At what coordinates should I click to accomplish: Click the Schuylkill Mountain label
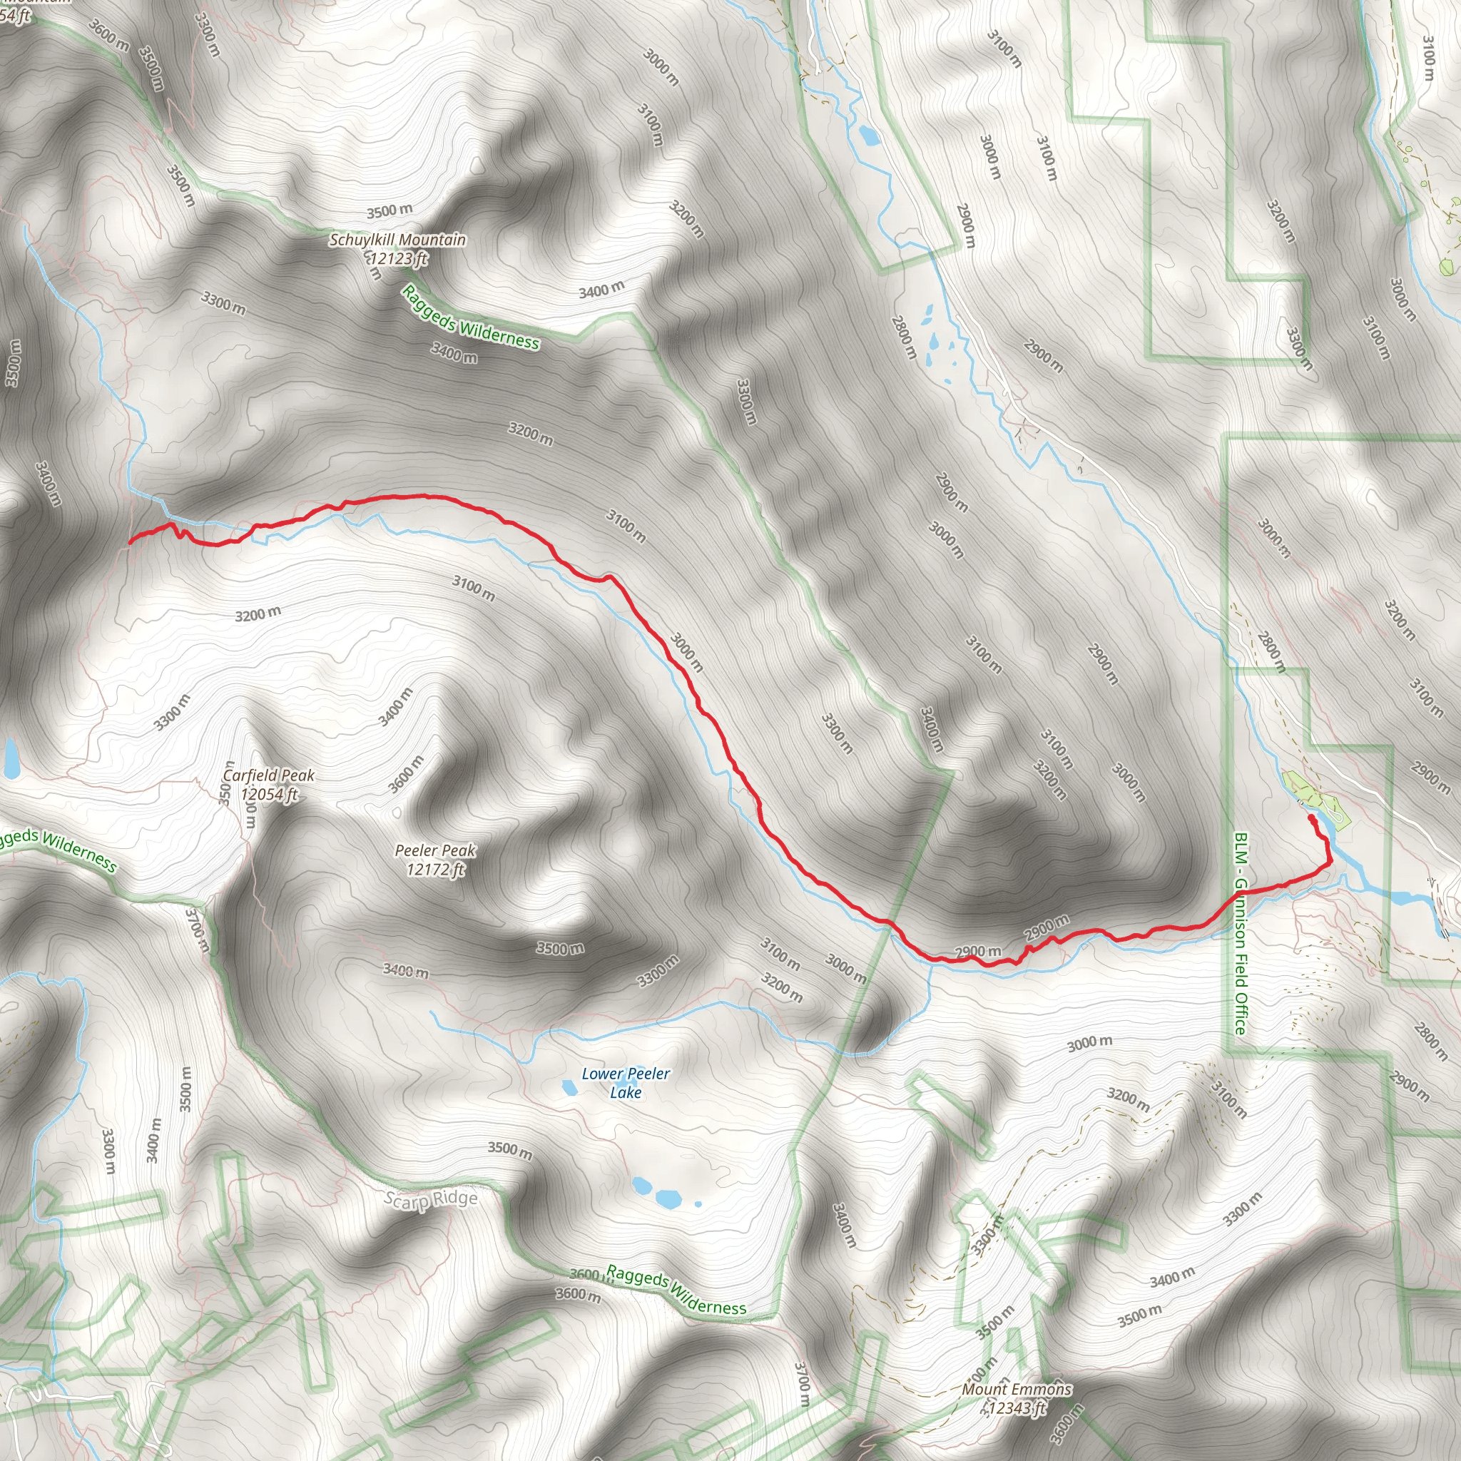click(398, 240)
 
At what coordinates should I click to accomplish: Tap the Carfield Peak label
click(268, 775)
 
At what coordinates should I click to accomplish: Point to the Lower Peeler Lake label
click(626, 1083)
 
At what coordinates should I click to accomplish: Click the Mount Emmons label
click(1017, 1389)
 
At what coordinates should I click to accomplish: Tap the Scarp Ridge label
click(430, 1199)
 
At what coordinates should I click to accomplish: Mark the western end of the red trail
click(131, 541)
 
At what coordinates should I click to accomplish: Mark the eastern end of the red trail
click(1310, 818)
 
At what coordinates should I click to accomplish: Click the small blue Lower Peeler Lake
click(569, 1088)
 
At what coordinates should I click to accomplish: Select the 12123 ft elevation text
click(399, 259)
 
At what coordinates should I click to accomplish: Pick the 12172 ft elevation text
click(436, 870)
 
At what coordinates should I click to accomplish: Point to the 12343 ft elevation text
click(1017, 1408)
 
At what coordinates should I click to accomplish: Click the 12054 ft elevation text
click(269, 794)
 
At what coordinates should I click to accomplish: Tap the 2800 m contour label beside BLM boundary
click(1271, 651)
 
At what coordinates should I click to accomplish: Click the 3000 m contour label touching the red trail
click(687, 653)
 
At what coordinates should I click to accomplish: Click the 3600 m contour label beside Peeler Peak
click(406, 774)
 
